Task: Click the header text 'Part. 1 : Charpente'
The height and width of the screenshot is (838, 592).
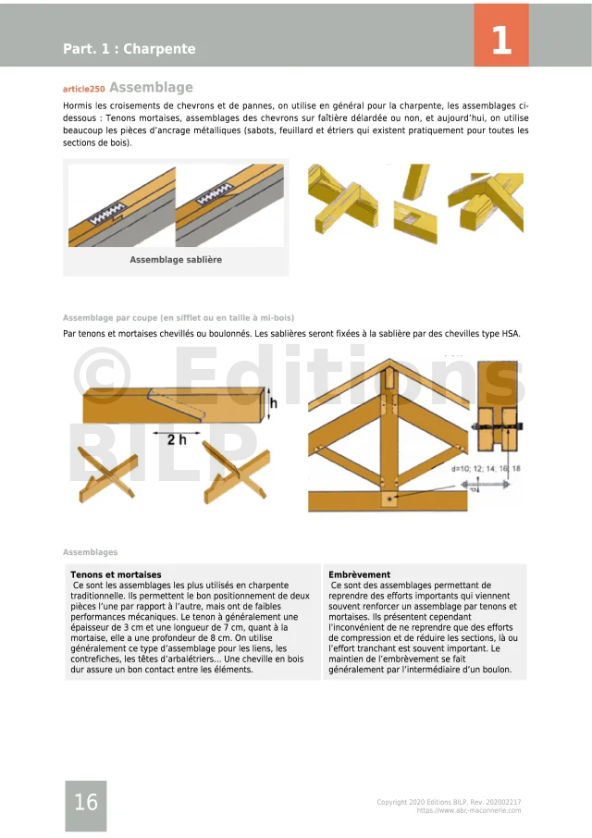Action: click(129, 49)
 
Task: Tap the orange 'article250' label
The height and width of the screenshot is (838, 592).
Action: click(83, 89)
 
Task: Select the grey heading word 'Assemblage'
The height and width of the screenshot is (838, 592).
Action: click(151, 88)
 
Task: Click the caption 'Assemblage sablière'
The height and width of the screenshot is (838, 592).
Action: click(176, 260)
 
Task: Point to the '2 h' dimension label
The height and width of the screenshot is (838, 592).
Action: click(178, 439)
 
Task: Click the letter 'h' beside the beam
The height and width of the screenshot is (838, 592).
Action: click(274, 403)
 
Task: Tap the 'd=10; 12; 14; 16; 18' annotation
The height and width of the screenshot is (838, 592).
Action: click(486, 469)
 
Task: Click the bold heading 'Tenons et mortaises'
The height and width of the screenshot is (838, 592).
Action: click(116, 574)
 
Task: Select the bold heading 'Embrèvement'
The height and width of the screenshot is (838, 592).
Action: click(360, 574)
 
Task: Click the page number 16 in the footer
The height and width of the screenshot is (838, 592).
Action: click(86, 803)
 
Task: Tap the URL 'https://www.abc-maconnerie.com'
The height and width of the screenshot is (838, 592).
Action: click(469, 810)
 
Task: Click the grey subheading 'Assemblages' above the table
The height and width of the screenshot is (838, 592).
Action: click(91, 552)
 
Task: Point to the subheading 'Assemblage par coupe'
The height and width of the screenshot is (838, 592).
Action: click(179, 317)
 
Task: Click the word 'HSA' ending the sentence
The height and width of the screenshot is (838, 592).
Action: click(511, 333)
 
